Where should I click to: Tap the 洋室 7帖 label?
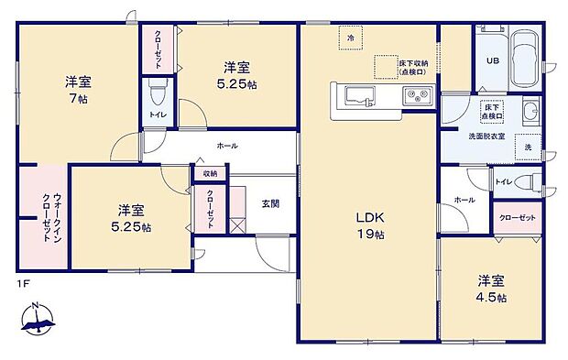coord(77,89)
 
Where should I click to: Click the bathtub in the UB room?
coord(525,60)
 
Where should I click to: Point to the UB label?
coord(491,62)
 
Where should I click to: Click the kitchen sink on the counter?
coord(355,94)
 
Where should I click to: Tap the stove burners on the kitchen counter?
coord(418,94)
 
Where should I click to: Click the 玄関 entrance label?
coord(270,202)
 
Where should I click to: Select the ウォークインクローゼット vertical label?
coord(43,216)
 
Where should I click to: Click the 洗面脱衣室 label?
coord(485,136)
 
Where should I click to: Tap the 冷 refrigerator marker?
coord(351,38)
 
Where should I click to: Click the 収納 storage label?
coord(210,173)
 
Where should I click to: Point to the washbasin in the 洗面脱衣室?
coord(530,114)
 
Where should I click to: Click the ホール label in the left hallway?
coord(226,146)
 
